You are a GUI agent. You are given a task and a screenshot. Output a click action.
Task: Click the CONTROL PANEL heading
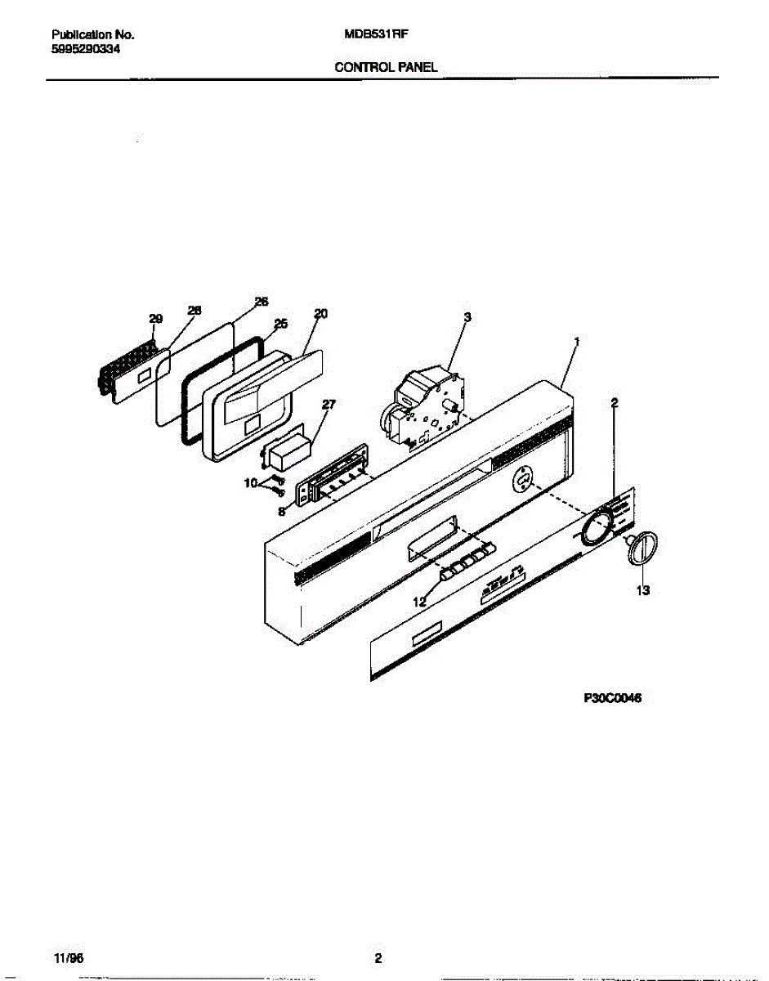pos(386,68)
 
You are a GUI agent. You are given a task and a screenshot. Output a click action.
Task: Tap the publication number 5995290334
pos(86,49)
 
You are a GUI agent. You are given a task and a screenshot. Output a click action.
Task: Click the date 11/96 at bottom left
pos(62,958)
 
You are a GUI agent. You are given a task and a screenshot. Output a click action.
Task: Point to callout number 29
pos(155,319)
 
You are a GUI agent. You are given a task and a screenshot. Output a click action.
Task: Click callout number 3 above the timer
pos(467,316)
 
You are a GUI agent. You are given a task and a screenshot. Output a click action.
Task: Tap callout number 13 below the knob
pos(642,590)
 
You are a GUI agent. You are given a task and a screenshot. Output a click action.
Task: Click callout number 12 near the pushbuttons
pos(419,602)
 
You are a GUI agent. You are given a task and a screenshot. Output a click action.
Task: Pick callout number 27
pos(329,404)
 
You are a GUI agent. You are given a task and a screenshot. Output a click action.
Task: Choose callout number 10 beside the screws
pos(250,483)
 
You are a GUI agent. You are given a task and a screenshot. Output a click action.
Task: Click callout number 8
pos(282,513)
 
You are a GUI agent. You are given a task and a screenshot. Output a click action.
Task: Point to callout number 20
pos(320,313)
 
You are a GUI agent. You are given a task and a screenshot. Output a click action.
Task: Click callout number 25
pos(280,324)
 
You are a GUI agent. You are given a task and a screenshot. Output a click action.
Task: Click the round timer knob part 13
pos(642,546)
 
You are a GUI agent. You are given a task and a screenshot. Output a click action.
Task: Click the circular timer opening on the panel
pos(522,479)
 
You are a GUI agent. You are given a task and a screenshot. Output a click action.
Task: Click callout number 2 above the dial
pos(615,402)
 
